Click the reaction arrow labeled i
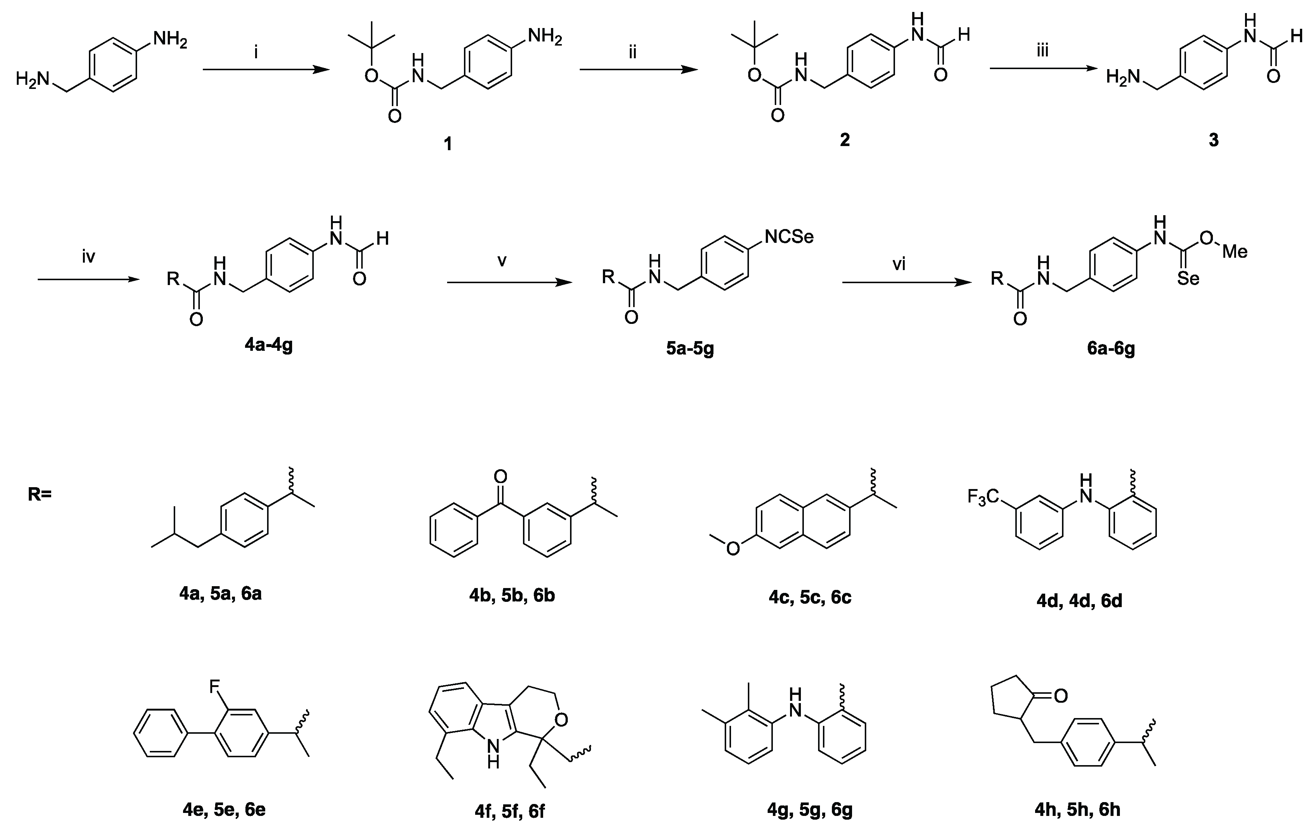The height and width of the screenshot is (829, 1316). [266, 70]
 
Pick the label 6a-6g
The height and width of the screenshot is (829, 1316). [1111, 349]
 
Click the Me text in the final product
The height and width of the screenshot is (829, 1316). [1235, 251]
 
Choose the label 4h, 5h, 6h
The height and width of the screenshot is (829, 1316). [1077, 809]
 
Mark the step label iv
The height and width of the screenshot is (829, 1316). [89, 257]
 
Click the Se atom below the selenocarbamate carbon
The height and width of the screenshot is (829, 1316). [1188, 279]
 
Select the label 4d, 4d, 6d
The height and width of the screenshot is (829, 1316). [1080, 601]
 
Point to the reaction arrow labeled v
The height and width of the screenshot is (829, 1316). [510, 282]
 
